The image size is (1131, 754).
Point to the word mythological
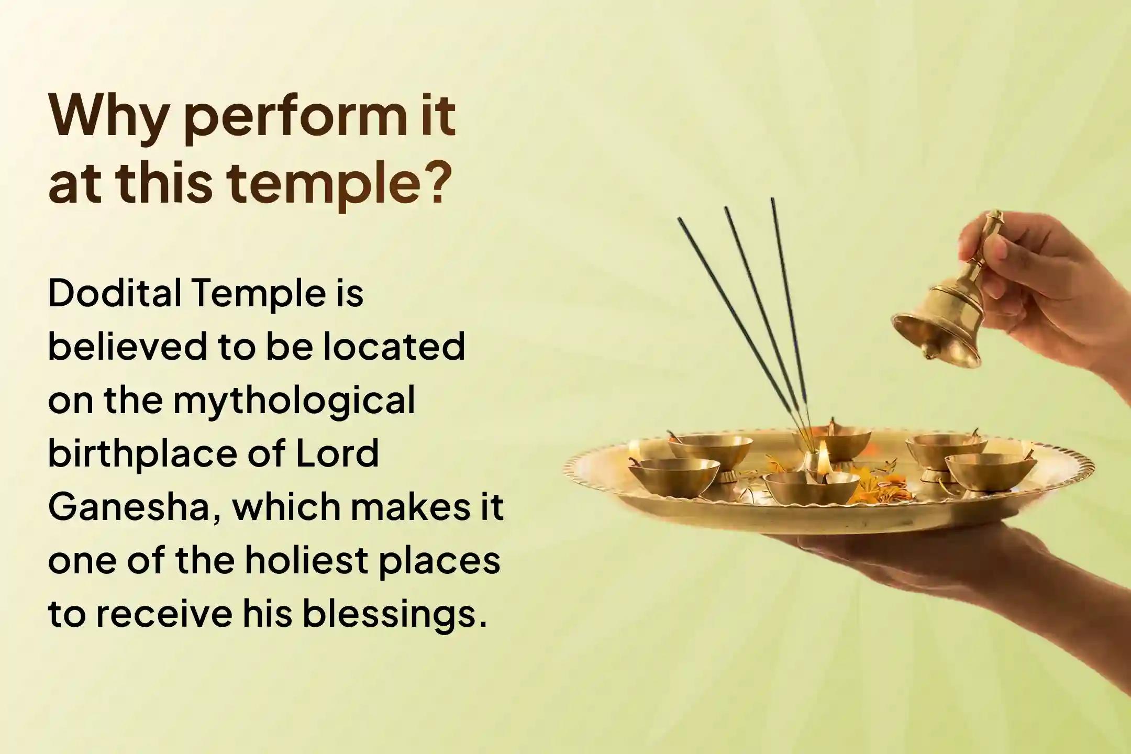(294, 401)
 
